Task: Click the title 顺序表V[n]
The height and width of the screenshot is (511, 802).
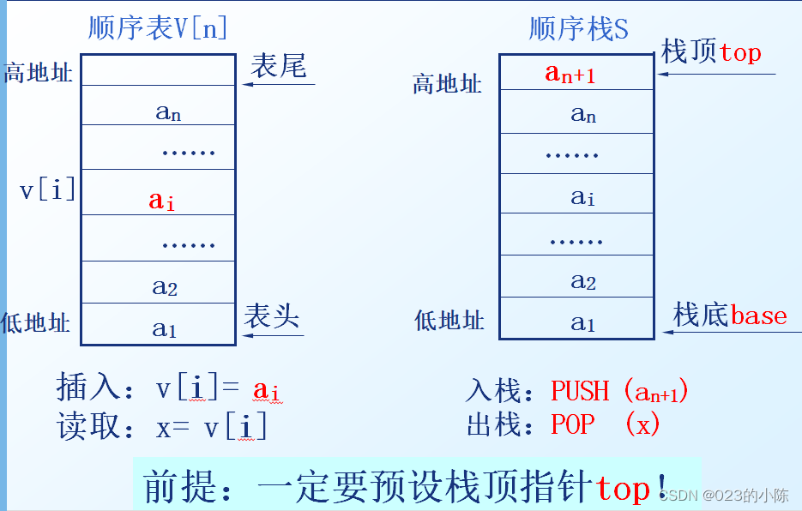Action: [158, 27]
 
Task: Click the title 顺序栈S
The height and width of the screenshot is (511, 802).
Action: [578, 29]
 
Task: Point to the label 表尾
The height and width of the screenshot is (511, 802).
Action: [279, 66]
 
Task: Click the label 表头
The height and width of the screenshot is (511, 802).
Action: [272, 316]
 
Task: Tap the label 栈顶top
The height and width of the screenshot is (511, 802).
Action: [711, 52]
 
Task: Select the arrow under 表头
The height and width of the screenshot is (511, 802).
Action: [274, 334]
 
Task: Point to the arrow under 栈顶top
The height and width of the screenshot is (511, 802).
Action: [716, 74]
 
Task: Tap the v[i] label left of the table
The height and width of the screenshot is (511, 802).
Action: [47, 189]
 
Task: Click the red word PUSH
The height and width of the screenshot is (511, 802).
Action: [581, 391]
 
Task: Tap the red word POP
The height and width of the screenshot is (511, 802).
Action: [572, 424]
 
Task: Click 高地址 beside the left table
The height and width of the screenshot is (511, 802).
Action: [39, 72]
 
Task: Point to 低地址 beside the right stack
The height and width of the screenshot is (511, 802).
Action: [449, 321]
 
